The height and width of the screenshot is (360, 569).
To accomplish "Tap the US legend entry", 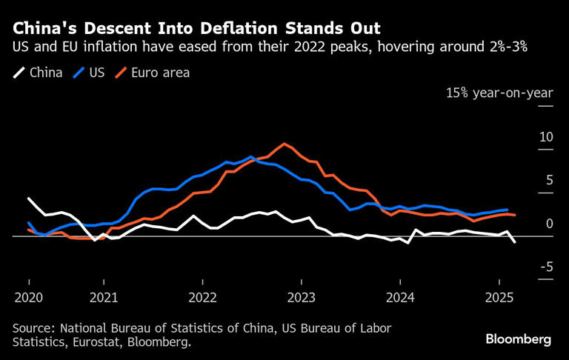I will click(x=96, y=73).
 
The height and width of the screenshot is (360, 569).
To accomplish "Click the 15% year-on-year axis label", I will click(x=499, y=93).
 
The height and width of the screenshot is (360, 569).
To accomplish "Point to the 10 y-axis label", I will click(x=546, y=137).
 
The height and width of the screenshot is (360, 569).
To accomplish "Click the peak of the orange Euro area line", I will click(x=284, y=144).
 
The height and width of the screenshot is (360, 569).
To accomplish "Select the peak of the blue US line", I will click(x=251, y=157).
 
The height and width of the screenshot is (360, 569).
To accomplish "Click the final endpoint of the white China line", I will click(x=515, y=241).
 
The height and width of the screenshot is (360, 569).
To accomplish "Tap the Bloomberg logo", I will click(x=519, y=339).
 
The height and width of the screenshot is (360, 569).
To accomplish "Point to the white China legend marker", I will click(x=19, y=73).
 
